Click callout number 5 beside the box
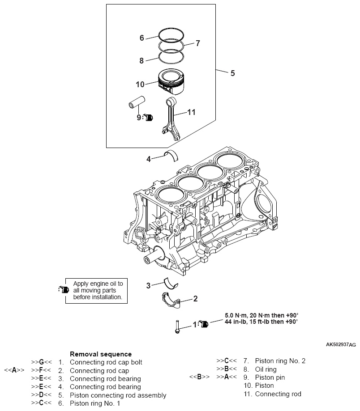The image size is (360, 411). point(232,72)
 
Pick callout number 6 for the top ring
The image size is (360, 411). point(141,38)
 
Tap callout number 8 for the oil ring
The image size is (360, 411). point(141,60)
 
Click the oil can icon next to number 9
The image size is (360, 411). point(149,118)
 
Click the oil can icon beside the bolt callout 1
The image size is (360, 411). point(203,324)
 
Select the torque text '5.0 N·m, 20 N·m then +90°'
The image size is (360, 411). point(261,315)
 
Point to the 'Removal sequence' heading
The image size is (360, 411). point(101,354)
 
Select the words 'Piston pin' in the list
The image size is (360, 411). point(270,377)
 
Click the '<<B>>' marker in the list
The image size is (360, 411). point(199,377)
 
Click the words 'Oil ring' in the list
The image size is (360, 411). point(266,369)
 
